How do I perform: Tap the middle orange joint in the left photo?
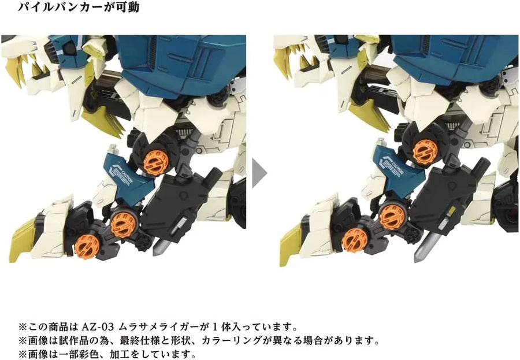tap(122, 221)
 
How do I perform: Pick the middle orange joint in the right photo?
tap(392, 217)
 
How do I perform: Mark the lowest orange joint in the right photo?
tap(355, 239)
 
